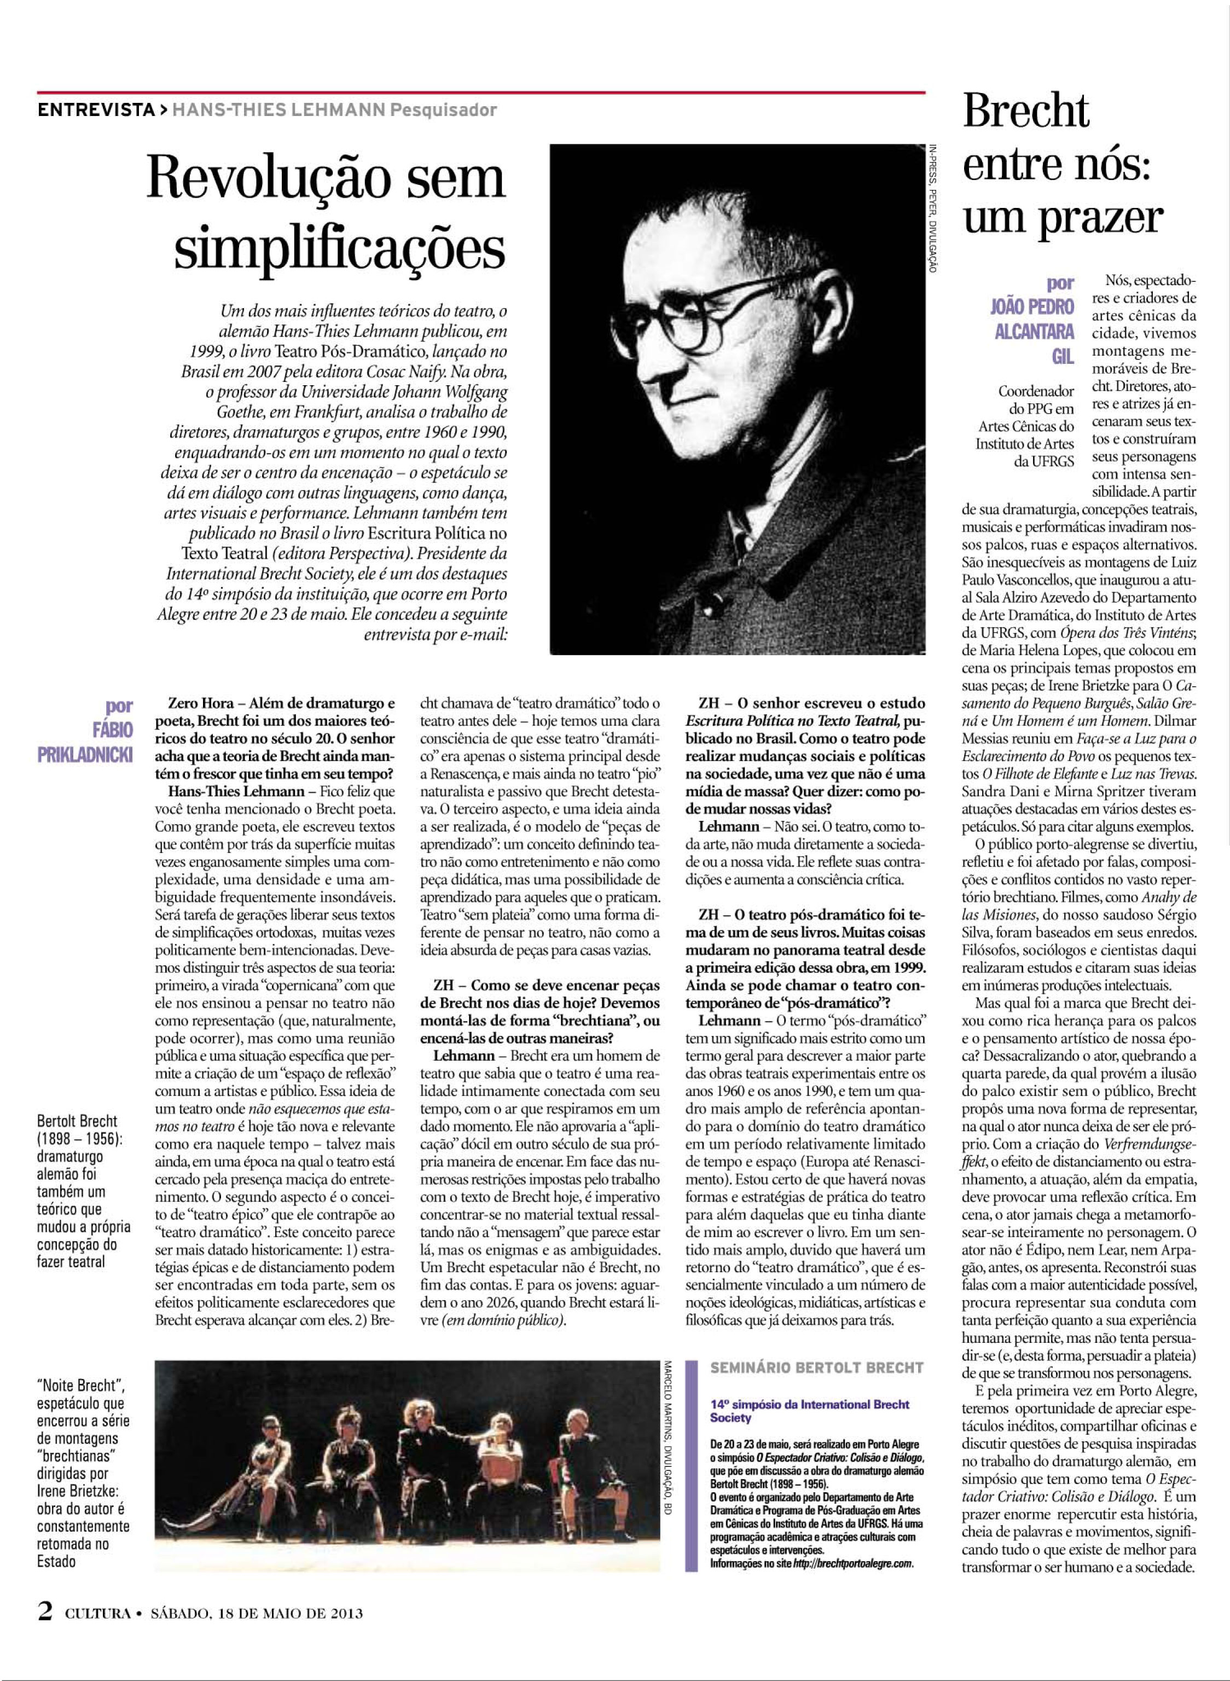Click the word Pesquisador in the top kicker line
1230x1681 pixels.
(444, 110)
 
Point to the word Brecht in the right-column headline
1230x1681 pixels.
(1026, 113)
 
